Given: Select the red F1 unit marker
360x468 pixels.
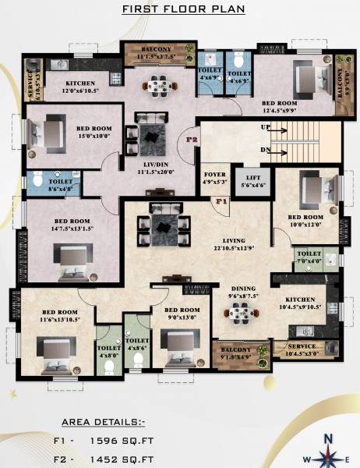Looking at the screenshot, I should point(221,201).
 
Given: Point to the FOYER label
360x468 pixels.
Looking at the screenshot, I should point(214,179).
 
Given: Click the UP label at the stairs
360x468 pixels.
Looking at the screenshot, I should point(266,126).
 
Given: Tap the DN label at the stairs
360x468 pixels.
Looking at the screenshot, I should point(266,150).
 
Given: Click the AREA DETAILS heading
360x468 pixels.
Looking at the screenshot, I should point(102,423).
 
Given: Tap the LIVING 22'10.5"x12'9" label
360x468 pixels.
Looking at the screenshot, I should point(233,245).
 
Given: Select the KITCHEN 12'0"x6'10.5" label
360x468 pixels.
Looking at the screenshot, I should point(81,87).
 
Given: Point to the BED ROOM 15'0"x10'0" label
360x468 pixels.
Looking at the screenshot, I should point(93,133).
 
